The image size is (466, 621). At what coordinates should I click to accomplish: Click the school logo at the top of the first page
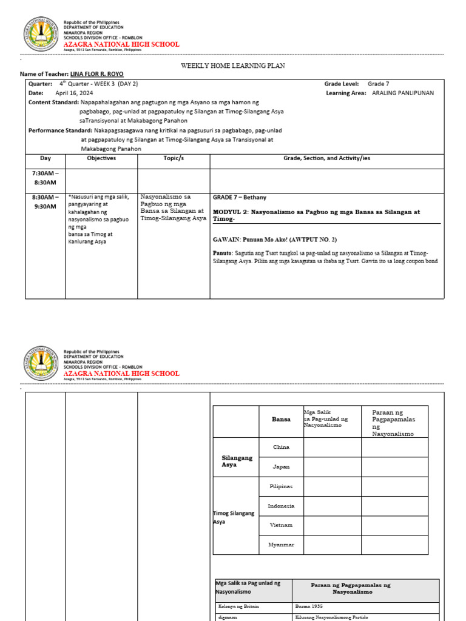point(41,35)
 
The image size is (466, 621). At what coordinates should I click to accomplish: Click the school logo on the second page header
point(41,364)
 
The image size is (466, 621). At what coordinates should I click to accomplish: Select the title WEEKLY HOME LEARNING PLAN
point(233,65)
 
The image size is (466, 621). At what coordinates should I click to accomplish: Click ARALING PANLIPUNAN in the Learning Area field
point(402,93)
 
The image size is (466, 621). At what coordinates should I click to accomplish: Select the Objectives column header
point(101,158)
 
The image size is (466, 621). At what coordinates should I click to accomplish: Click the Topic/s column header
point(174,158)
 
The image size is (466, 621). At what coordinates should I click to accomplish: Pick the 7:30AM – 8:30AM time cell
point(45,178)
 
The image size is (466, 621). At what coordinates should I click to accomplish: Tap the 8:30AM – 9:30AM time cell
point(45,202)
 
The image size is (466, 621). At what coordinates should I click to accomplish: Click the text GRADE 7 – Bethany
point(240,198)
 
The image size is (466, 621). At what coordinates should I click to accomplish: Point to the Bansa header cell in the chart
point(281,419)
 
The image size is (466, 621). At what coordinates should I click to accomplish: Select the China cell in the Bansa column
point(281,447)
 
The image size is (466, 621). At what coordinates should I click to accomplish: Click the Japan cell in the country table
point(281,467)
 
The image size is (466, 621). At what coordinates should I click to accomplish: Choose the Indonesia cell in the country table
point(281,506)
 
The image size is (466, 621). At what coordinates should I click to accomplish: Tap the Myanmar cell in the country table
point(281,545)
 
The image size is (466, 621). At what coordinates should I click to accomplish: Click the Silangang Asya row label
point(236,460)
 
